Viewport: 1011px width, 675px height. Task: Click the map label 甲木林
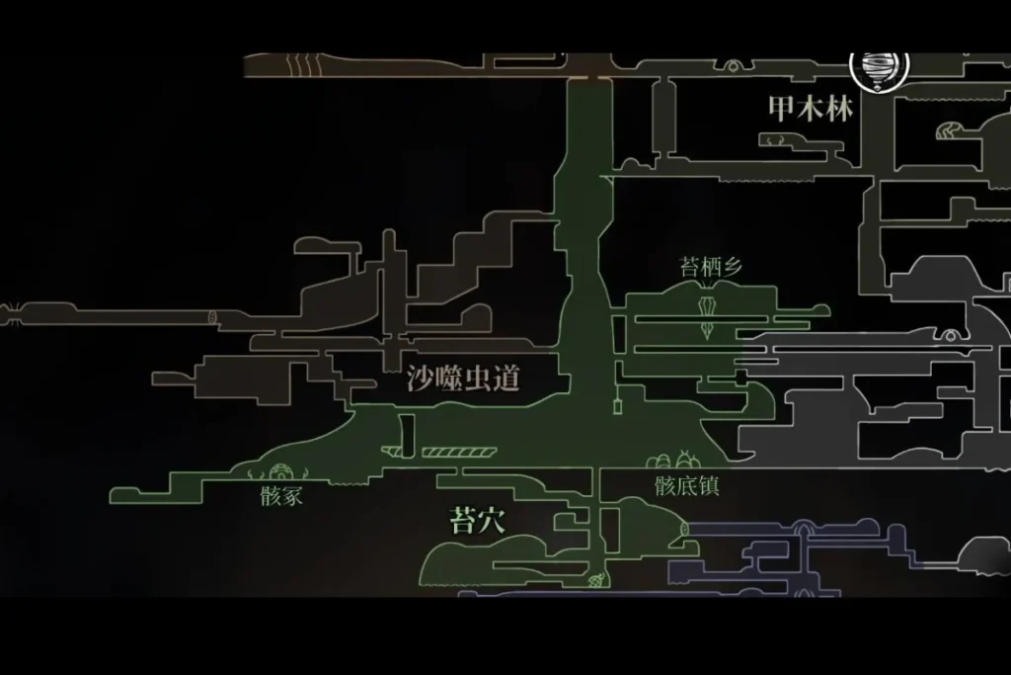tap(810, 109)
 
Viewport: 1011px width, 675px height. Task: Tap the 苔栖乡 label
tap(711, 267)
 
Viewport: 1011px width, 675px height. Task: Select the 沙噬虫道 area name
tap(463, 379)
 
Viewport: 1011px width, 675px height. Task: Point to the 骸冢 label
tap(281, 497)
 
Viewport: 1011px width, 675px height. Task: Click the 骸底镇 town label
tap(686, 486)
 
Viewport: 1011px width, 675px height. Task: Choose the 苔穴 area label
tap(478, 520)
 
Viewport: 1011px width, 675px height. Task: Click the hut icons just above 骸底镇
tap(675, 460)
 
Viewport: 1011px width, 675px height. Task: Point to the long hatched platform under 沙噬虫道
tap(457, 453)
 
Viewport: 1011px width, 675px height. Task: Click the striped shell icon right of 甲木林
tap(948, 129)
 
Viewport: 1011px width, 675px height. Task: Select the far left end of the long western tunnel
tap(8, 315)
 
